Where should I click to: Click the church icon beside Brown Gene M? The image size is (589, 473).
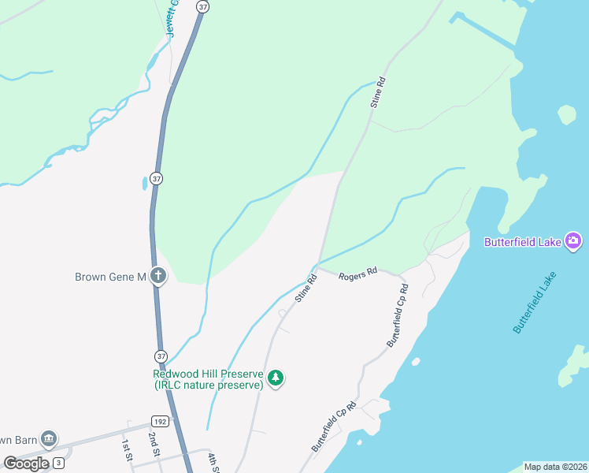[158, 276]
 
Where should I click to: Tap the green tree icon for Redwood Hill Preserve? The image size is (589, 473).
[276, 379]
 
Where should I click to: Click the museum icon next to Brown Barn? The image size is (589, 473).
[49, 438]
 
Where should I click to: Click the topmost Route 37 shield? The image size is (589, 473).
[203, 6]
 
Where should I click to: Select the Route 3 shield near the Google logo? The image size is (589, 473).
[58, 464]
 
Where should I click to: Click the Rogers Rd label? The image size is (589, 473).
[358, 273]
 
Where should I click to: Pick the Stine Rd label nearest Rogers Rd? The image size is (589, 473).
[306, 289]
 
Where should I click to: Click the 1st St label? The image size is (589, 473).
[126, 450]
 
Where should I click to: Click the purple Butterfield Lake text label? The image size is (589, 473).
[522, 242]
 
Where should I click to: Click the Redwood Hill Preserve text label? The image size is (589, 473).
[208, 379]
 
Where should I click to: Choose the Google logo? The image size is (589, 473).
[26, 464]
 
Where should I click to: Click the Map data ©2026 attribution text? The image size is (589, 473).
[555, 467]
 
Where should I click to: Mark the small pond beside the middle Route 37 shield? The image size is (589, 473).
[145, 183]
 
